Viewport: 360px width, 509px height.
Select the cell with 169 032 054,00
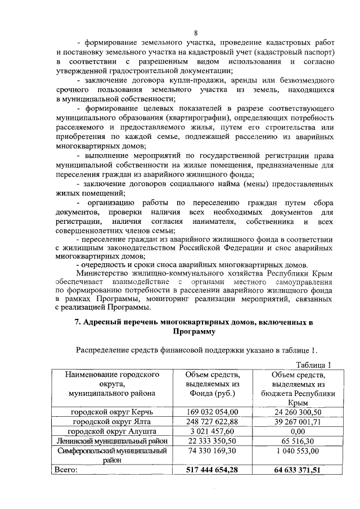[x=212, y=412]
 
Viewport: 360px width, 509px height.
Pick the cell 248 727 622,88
[x=212, y=422]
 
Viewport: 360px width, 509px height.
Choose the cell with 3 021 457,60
[x=212, y=431]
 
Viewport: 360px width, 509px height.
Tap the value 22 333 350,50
[x=212, y=441]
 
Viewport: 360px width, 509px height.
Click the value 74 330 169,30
[x=212, y=451]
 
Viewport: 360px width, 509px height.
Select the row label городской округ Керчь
[x=112, y=412]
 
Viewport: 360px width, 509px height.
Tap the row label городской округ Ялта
[x=112, y=422]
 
